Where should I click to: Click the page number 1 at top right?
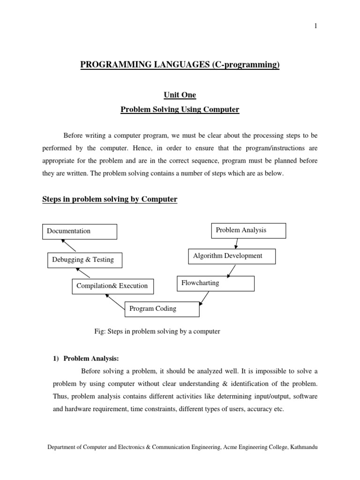point(315,26)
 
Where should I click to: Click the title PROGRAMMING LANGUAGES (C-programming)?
point(180,65)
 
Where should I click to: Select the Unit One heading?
point(180,95)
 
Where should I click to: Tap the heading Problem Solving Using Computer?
point(180,110)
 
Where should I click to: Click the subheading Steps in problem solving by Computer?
point(110,199)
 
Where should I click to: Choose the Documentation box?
point(80,231)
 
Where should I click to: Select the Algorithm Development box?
point(232,256)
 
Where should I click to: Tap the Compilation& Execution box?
point(112,286)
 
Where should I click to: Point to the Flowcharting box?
point(216,284)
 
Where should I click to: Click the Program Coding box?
point(162,309)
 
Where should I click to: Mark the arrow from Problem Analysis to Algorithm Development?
point(236,243)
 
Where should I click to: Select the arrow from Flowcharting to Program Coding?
point(204,297)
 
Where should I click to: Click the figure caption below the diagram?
point(157,331)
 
